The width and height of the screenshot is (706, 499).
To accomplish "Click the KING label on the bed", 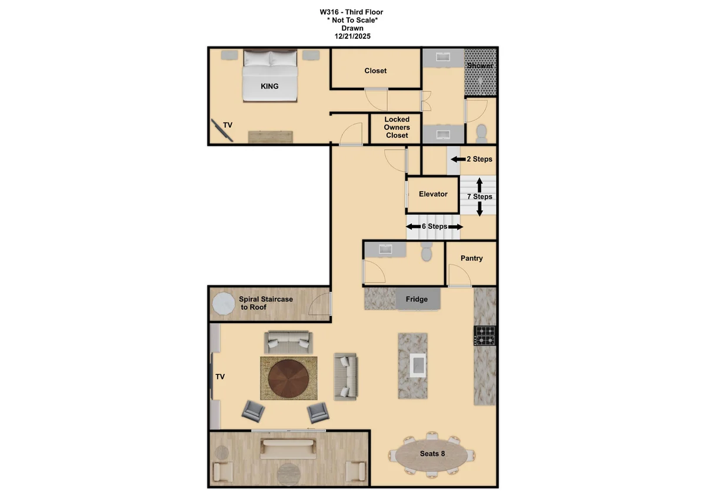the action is pyautogui.click(x=269, y=86).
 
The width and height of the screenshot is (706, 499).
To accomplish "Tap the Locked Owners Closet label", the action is pyautogui.click(x=397, y=127).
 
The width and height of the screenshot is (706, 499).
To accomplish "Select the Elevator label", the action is pyautogui.click(x=433, y=194).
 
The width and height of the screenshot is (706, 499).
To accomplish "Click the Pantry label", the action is pyautogui.click(x=471, y=258).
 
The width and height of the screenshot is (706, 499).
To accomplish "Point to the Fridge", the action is pyautogui.click(x=417, y=299).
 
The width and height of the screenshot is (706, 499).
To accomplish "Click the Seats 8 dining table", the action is pyautogui.click(x=432, y=454).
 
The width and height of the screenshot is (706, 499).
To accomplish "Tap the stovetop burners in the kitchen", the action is pyautogui.click(x=485, y=336).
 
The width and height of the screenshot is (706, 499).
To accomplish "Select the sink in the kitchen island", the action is pyautogui.click(x=418, y=365).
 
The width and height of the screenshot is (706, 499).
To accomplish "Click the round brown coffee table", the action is pyautogui.click(x=288, y=378).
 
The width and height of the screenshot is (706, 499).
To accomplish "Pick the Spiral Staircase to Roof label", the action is pyautogui.click(x=265, y=303).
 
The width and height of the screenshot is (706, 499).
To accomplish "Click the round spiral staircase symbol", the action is pyautogui.click(x=224, y=304).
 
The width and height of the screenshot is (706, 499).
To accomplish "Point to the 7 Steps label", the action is pyautogui.click(x=479, y=197).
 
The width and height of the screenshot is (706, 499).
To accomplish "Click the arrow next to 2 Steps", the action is pyautogui.click(x=458, y=159).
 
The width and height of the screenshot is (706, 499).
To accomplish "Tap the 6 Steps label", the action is pyautogui.click(x=434, y=227).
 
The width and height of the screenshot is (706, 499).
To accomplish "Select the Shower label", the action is pyautogui.click(x=479, y=65).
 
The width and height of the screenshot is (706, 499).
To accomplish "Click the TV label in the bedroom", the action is pyautogui.click(x=228, y=125).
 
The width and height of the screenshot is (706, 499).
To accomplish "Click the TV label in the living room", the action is pyautogui.click(x=220, y=377).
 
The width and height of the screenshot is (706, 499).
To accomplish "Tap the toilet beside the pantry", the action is pyautogui.click(x=427, y=252).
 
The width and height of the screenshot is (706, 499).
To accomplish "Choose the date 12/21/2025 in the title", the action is pyautogui.click(x=352, y=36).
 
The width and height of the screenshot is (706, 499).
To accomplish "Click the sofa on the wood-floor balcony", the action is pyautogui.click(x=288, y=449).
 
